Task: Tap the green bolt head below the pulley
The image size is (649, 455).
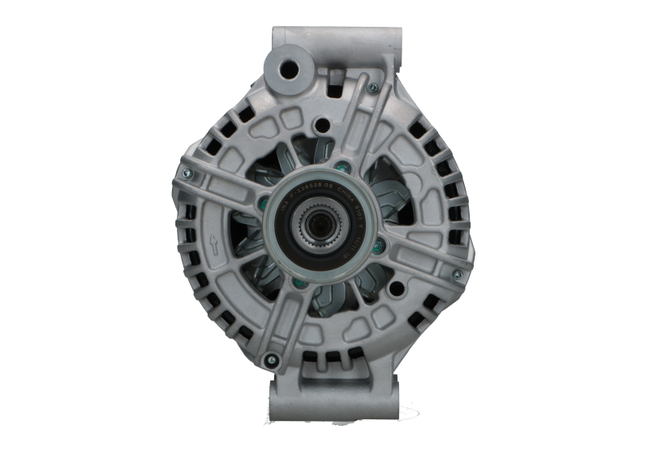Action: (298, 282)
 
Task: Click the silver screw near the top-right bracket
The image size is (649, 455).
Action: (372, 88)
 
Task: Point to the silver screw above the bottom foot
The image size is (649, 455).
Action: (272, 358)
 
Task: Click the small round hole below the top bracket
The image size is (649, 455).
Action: (324, 126)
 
